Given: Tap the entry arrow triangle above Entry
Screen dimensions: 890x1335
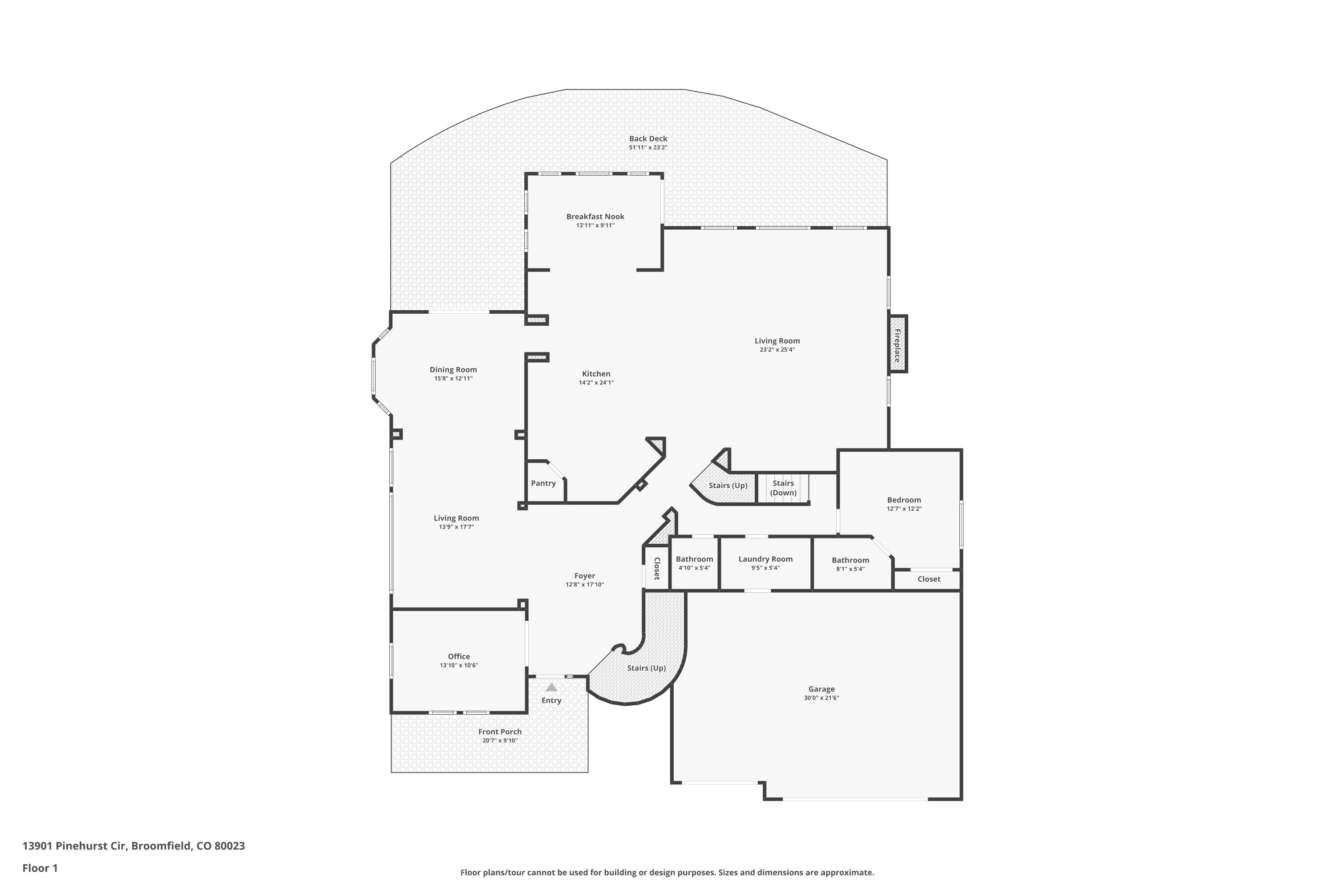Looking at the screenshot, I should (551, 688).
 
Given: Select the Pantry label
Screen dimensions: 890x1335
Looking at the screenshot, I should (543, 483).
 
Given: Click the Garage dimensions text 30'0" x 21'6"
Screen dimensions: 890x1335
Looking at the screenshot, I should (821, 698).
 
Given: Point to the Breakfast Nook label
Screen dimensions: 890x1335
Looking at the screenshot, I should (595, 216).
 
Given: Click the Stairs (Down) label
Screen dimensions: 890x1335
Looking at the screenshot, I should (783, 488).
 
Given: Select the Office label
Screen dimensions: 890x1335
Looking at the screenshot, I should (459, 656).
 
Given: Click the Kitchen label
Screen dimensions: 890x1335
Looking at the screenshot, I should (596, 373).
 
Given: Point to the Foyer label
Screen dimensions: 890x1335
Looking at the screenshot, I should (585, 575).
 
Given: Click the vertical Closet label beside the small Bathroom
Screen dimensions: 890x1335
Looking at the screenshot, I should (657, 568).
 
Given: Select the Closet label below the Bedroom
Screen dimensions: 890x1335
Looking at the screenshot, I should (929, 579).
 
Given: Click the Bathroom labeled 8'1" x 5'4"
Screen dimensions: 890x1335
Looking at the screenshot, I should (850, 560).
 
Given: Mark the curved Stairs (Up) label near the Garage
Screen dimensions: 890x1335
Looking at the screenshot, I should (646, 668).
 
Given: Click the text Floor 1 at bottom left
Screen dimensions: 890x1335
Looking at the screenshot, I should (40, 868).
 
